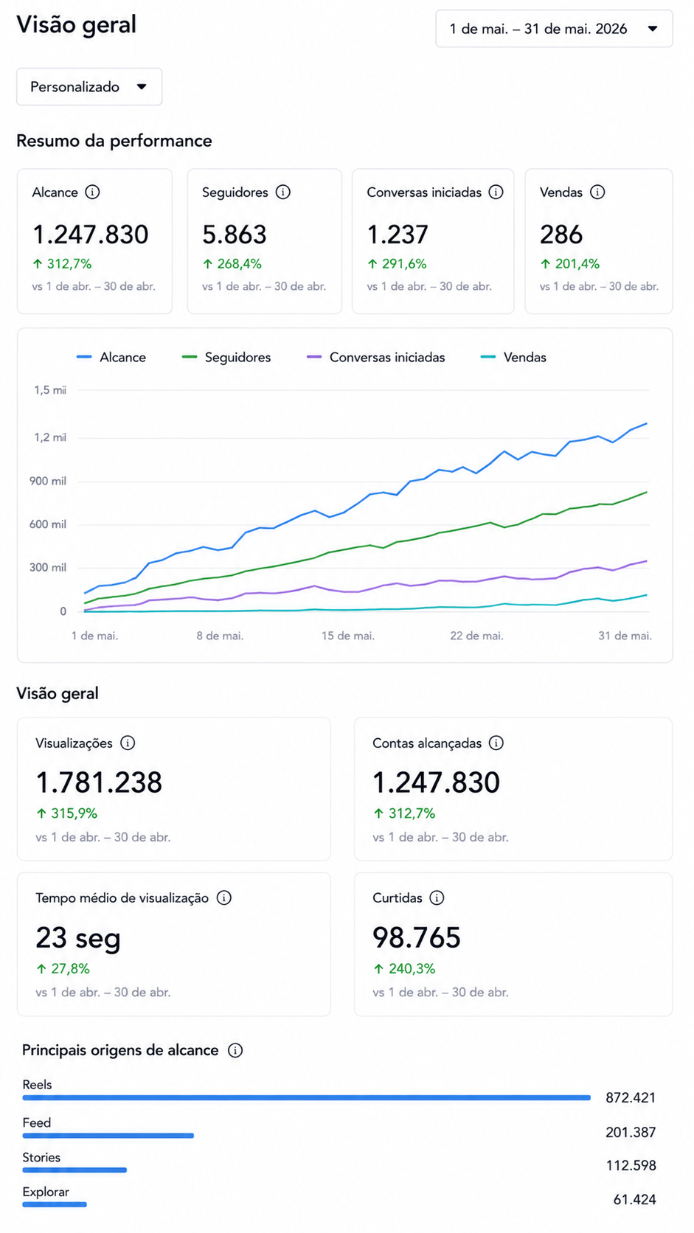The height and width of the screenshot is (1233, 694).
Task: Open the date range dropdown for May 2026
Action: point(554,29)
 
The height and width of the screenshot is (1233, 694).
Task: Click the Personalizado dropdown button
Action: point(89,87)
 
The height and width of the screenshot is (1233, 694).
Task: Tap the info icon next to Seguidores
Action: point(283,192)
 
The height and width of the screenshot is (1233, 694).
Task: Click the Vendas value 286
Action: point(561,235)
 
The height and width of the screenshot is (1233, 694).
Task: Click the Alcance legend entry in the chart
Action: point(111,357)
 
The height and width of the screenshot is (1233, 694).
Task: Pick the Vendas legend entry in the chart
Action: point(513,357)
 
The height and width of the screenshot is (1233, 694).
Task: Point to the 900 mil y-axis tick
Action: point(48,481)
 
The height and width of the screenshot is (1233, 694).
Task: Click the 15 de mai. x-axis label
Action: point(348,636)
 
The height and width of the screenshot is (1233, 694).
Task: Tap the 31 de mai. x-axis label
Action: point(625,636)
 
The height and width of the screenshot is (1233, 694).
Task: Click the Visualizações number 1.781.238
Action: point(99,782)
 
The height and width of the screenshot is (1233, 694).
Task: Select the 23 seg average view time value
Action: point(78,938)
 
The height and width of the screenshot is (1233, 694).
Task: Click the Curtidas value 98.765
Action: point(417,938)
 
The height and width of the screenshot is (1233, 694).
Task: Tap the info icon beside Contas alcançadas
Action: point(496,743)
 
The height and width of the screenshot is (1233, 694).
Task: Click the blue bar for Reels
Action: point(307,1097)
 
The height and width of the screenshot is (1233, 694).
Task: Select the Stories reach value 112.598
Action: point(631,1165)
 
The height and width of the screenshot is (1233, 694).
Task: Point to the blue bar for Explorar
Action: point(55,1204)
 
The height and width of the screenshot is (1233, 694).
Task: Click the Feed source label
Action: point(36,1122)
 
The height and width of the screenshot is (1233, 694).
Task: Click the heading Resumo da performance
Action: point(114,141)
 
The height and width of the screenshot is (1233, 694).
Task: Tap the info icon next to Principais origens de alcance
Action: point(235,1050)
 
